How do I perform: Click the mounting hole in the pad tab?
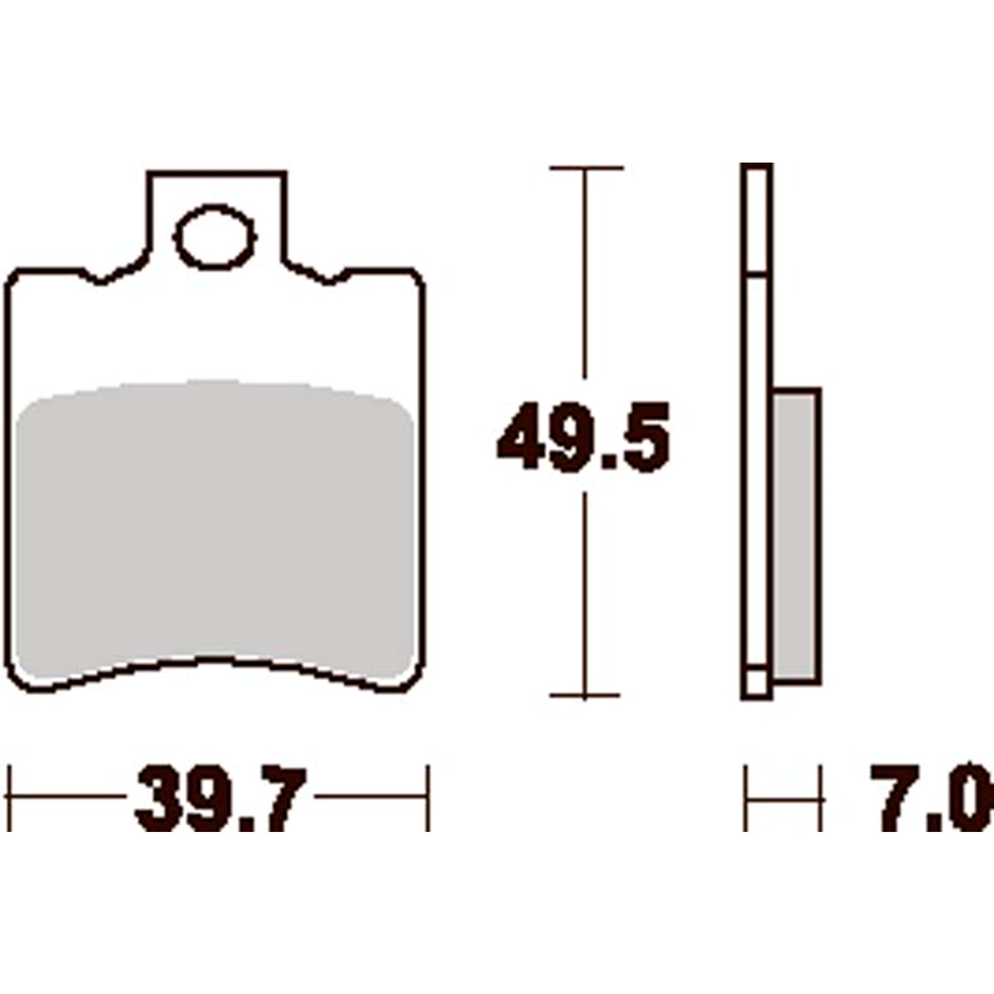point(215,238)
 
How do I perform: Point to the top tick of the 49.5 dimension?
point(586,168)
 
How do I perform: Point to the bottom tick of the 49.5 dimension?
point(584,695)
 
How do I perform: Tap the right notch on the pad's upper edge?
point(329,281)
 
